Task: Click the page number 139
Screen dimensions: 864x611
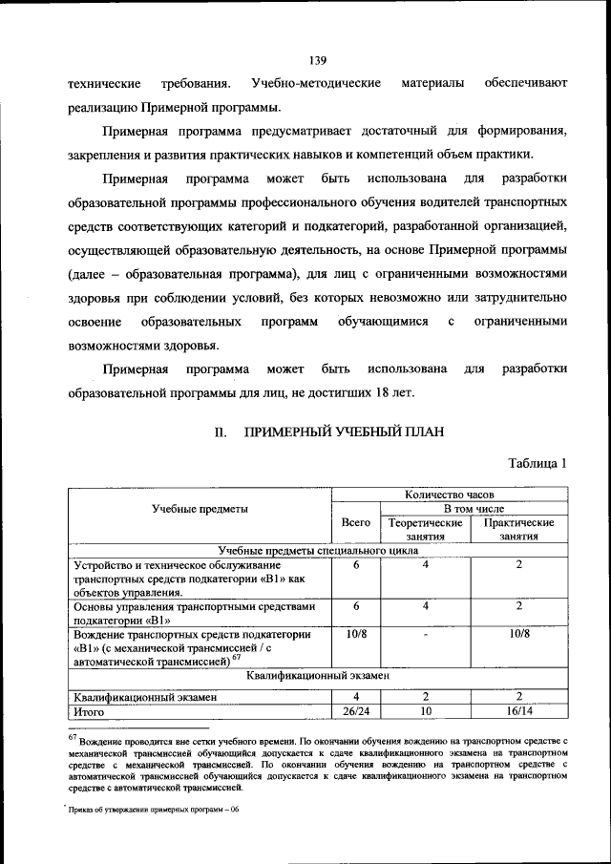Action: (318, 36)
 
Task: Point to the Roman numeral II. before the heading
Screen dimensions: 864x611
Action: (219, 432)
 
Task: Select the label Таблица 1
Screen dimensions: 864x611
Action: (538, 463)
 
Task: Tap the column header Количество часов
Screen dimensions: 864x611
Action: (449, 495)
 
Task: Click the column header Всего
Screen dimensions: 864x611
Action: (355, 523)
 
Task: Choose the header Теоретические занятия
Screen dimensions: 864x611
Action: (426, 530)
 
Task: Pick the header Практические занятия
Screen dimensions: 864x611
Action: (519, 530)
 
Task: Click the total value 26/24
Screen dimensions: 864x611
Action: (355, 711)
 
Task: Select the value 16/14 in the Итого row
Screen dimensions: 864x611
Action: (519, 711)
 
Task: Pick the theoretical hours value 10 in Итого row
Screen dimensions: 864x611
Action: (426, 711)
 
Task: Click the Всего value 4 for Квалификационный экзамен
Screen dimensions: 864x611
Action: (355, 697)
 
